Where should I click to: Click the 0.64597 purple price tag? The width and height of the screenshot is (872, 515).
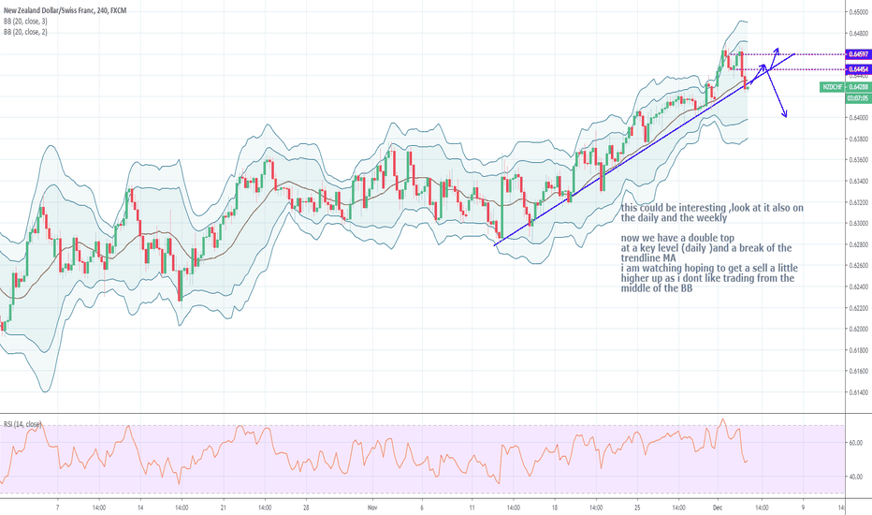[x=857, y=55]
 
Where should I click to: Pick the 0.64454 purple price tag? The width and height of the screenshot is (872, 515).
[x=857, y=69]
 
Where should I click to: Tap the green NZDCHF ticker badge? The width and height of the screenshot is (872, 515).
[x=832, y=86]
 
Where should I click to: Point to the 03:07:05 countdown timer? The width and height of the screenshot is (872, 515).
[x=856, y=97]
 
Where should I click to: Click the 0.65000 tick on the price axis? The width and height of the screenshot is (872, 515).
[x=857, y=11]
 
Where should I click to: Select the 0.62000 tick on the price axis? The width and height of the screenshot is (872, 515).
[x=857, y=329]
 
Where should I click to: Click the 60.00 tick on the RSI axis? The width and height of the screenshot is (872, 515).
[x=855, y=443]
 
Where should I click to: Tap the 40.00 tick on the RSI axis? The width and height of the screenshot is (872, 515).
[x=855, y=477]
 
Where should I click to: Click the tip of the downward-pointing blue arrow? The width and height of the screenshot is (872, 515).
[x=785, y=116]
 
